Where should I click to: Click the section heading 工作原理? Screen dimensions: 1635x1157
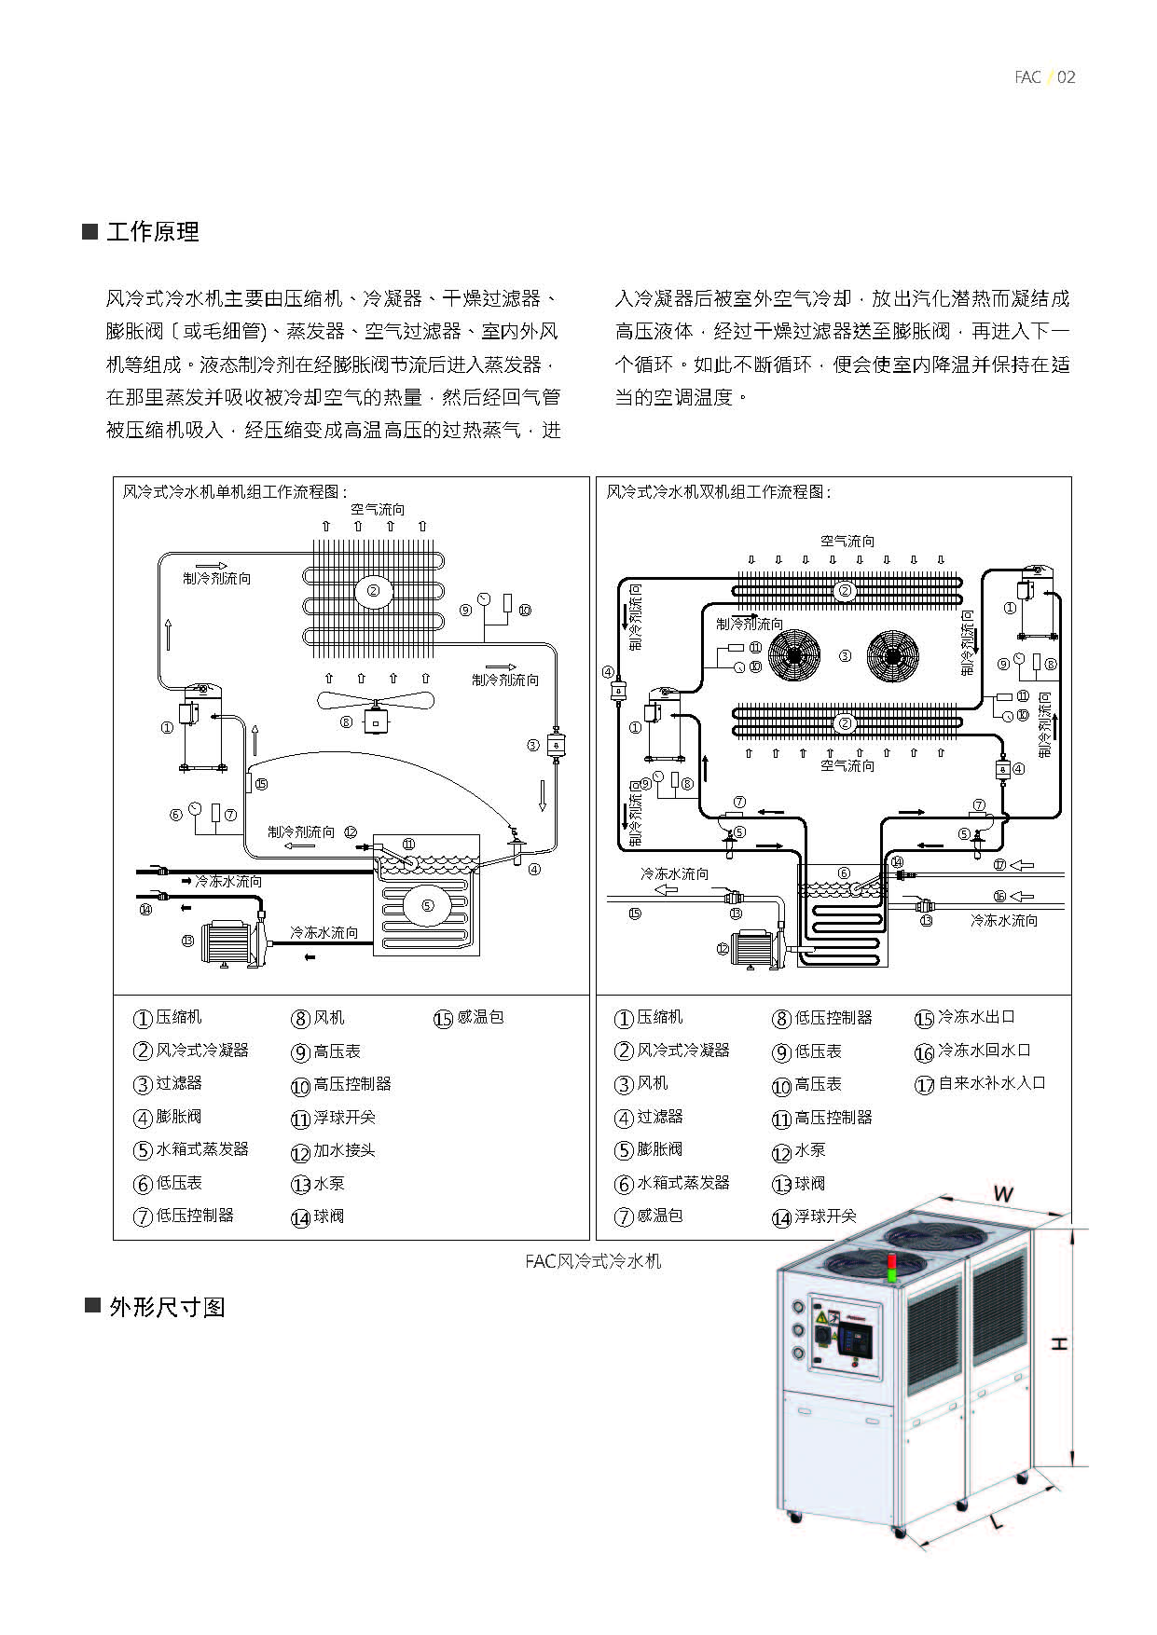(152, 232)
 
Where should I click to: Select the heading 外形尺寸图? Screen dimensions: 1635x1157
(167, 1307)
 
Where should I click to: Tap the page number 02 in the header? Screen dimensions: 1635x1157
(1067, 77)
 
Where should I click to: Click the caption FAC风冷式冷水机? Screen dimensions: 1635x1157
(593, 1261)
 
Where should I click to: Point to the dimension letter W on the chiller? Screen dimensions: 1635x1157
(1002, 1193)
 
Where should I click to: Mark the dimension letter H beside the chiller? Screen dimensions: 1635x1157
(1059, 1343)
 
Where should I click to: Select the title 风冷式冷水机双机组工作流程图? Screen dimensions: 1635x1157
(718, 492)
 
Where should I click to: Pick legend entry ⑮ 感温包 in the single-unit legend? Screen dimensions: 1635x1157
(470, 1018)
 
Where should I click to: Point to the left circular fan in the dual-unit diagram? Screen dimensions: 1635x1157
(793, 654)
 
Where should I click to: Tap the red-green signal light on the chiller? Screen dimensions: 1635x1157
(890, 1268)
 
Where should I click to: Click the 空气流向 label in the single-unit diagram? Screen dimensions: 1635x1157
(378, 510)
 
